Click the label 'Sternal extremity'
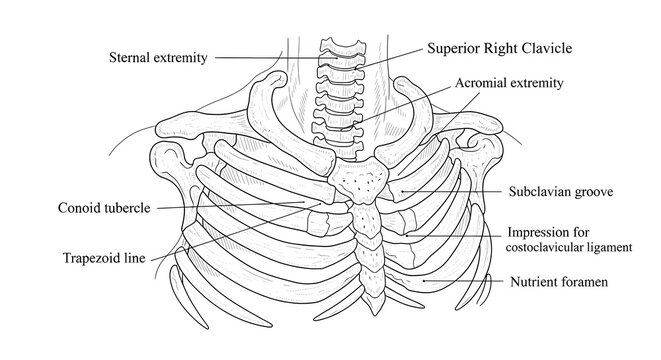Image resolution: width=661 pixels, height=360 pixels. click(157, 58)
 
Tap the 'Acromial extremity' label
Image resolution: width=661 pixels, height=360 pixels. click(509, 83)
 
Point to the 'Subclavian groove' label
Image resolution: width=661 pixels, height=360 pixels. click(559, 188)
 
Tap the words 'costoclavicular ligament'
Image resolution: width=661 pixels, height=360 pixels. click(573, 245)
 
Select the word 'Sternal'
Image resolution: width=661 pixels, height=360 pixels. click(131, 58)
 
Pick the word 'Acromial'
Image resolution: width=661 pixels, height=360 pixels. click(480, 83)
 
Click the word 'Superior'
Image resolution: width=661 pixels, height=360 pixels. click(452, 47)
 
